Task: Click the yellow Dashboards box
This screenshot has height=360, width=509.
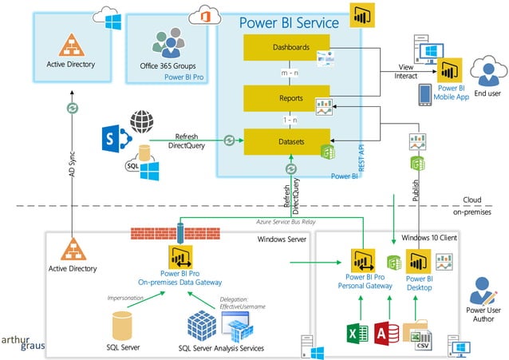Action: [277, 48]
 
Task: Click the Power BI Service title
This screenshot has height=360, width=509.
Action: [289, 21]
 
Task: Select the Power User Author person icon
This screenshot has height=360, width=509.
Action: [481, 290]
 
